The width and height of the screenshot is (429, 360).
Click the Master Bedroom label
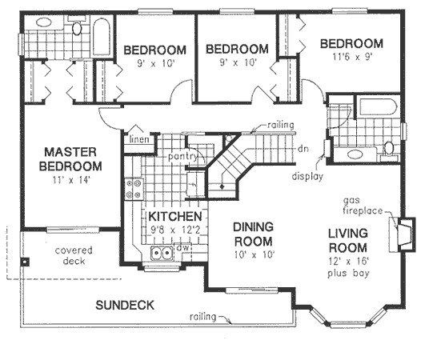[x=71, y=159]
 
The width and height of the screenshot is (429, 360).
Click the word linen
[x=138, y=141]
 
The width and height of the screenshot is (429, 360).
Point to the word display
[x=308, y=176]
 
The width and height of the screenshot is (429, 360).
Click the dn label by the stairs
[x=303, y=149]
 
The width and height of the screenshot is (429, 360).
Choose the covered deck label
[x=74, y=255]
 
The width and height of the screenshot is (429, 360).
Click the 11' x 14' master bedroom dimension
[x=70, y=182]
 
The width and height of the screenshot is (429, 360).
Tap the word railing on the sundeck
[x=204, y=318]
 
